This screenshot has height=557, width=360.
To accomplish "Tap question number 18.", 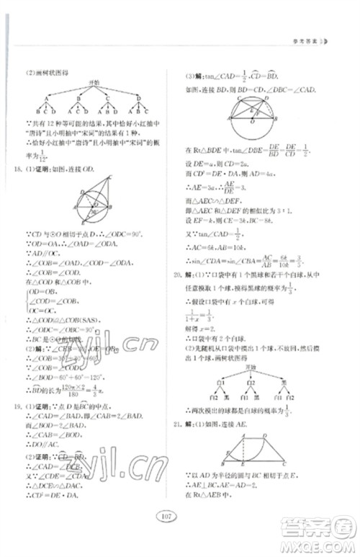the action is pos(27,168).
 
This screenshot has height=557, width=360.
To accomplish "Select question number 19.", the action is pos(27,406).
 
